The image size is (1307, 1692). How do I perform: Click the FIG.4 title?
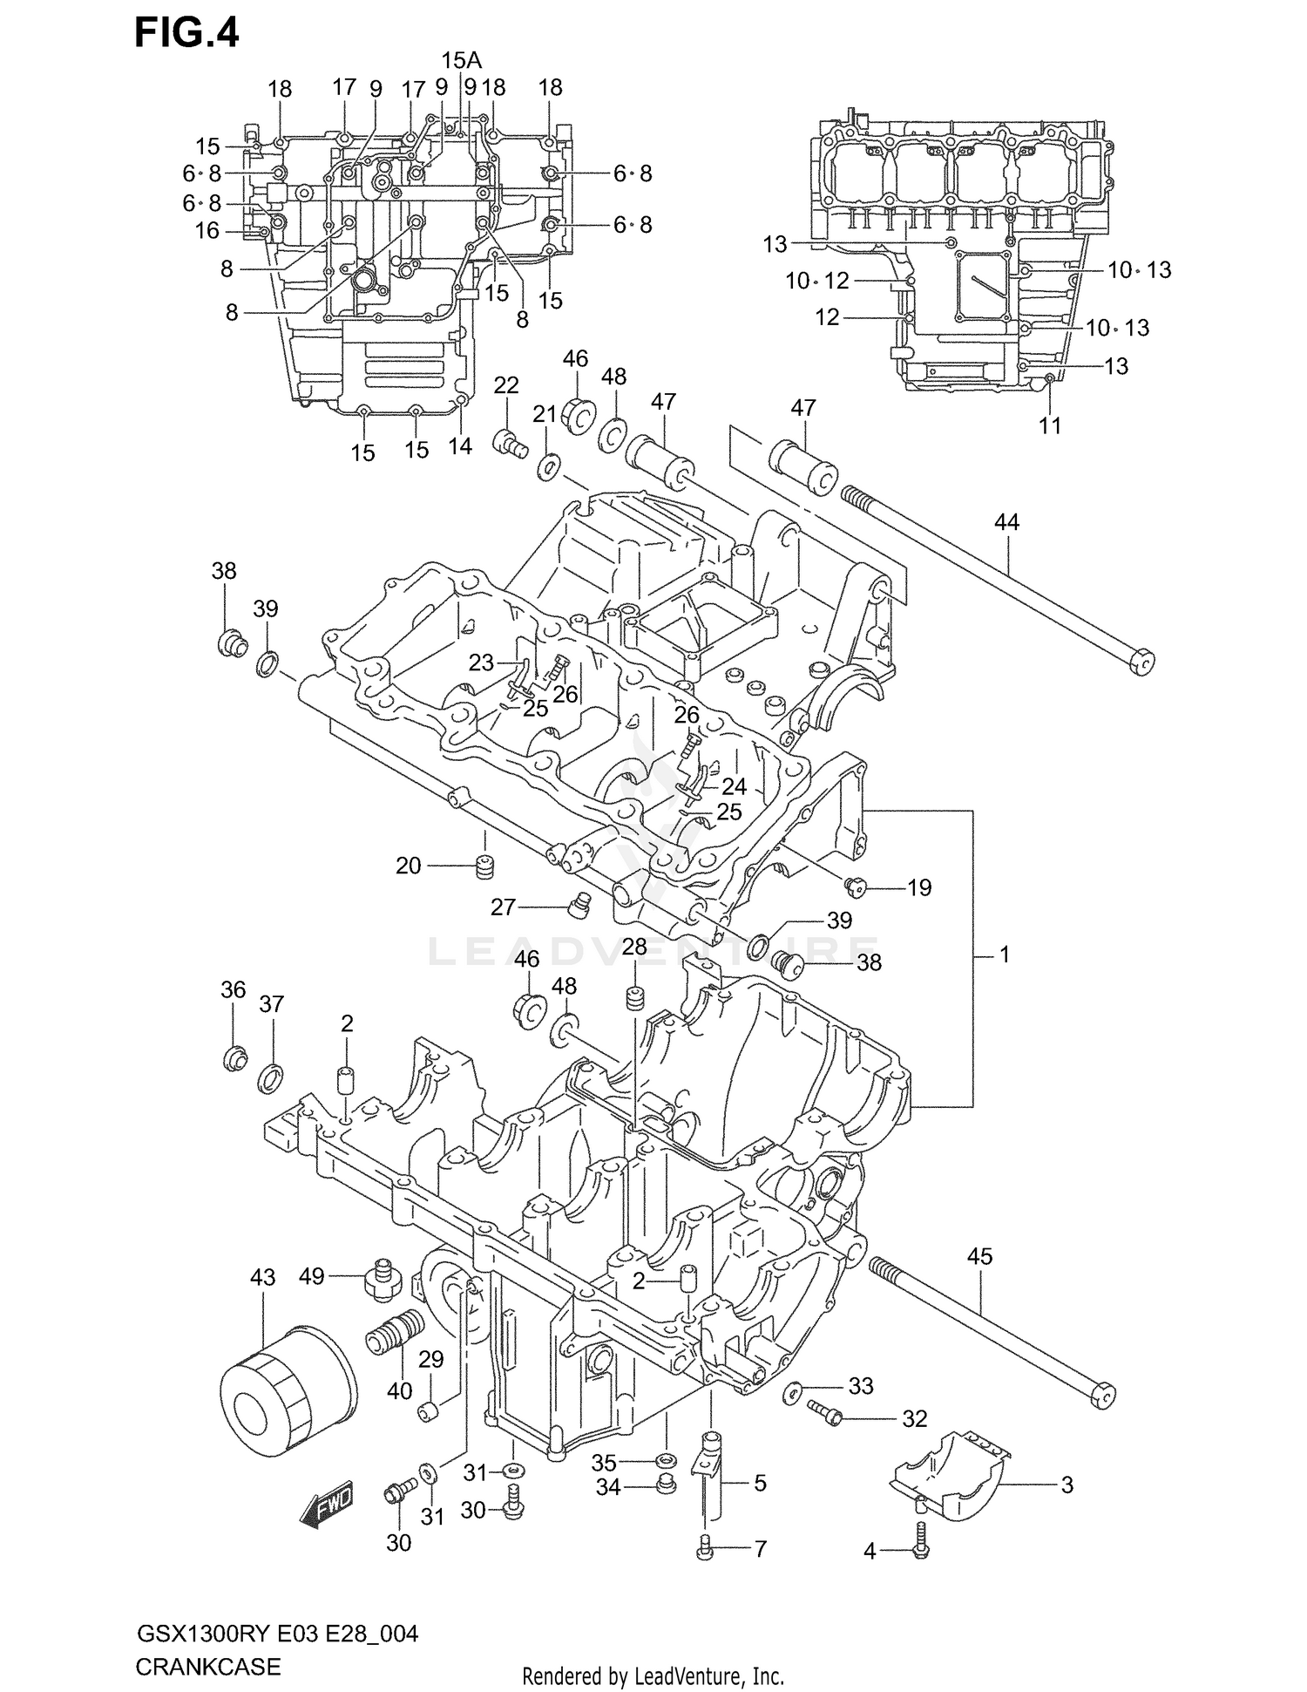(186, 34)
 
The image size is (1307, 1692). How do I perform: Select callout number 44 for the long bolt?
(1006, 522)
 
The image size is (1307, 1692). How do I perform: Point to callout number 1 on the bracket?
(1004, 955)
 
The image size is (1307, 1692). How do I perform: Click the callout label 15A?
(461, 60)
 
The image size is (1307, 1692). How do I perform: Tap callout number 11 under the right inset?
(1051, 425)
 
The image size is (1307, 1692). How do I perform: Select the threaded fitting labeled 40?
(395, 1335)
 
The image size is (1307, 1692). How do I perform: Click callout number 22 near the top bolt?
(506, 385)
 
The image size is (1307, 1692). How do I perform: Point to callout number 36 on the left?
(233, 989)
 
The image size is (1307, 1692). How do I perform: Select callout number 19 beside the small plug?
(919, 887)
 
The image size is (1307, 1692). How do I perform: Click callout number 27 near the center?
(503, 907)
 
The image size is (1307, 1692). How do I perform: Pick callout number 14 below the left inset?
(459, 446)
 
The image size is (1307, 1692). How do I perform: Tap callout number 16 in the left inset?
(207, 231)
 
